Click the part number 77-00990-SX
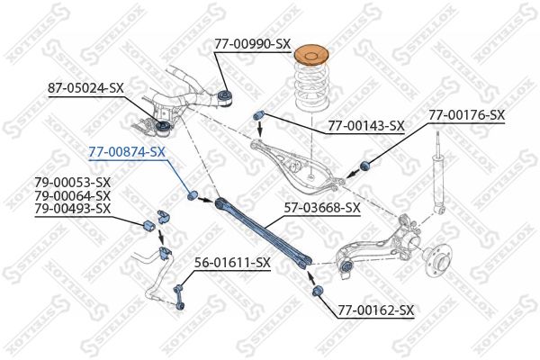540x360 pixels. click(252, 44)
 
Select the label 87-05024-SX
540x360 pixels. click(85, 88)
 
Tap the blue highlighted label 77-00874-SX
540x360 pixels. click(127, 151)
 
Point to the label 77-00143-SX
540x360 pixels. click(366, 126)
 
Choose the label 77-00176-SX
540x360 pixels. click(466, 114)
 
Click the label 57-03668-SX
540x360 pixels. click(322, 208)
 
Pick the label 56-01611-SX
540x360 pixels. click(232, 263)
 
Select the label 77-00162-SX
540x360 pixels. click(375, 310)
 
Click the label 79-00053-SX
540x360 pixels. click(72, 182)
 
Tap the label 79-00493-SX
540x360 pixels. click(72, 209)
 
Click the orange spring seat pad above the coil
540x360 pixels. click(312, 55)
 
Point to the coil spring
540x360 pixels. click(312, 86)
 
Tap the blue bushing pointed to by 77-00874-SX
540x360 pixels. click(193, 194)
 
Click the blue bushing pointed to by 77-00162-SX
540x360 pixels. click(317, 291)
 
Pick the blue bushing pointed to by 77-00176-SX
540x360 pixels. click(364, 166)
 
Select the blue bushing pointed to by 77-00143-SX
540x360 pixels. click(258, 114)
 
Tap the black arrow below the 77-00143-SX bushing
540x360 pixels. click(261, 129)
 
